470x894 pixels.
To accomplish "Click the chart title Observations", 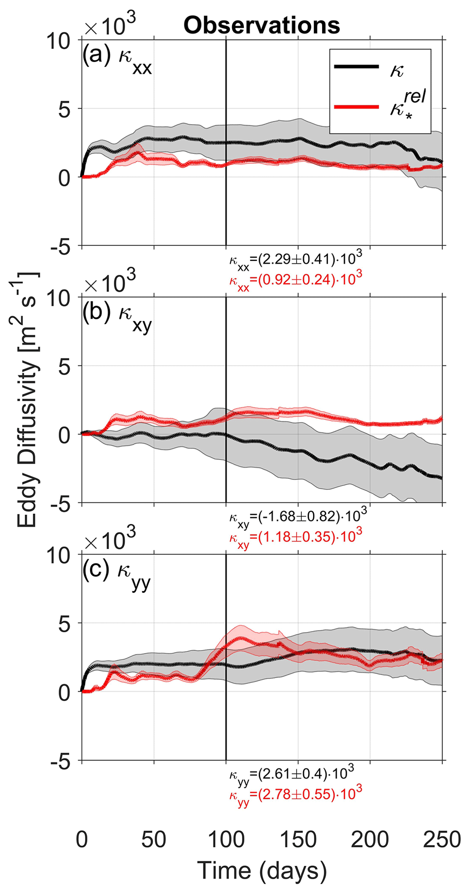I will pos(262,25).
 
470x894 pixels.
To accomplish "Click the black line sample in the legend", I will pos(356,67).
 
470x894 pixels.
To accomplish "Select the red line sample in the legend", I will pos(356,107).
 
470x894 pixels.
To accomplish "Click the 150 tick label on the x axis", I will pos(298,839).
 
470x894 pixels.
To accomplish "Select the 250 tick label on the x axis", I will pos(442,839).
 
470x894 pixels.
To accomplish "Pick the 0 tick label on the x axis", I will pos(82,839).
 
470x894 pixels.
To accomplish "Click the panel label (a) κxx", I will pos(117,58).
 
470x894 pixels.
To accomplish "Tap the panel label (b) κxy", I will pos(117,315).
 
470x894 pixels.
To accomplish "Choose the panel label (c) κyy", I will pos(116,573).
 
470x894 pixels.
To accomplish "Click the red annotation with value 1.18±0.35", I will pos(296,537).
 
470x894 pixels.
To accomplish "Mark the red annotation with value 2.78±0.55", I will pos(296,794).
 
